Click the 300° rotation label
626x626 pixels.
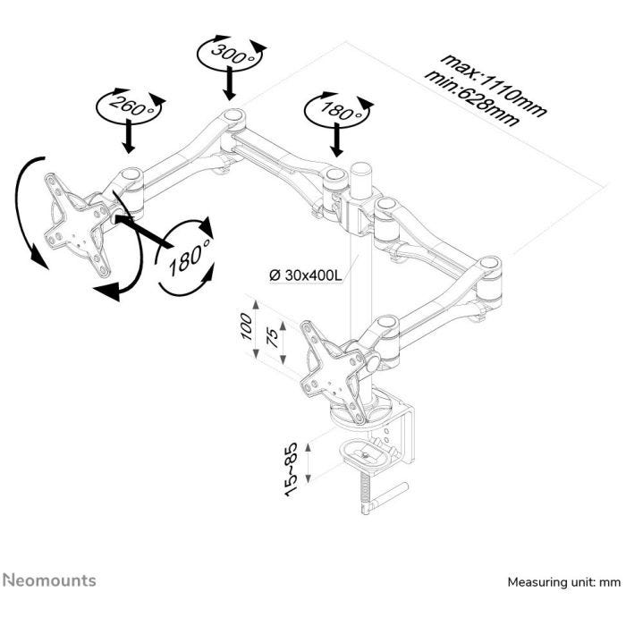(x=231, y=53)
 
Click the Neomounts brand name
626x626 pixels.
(x=48, y=581)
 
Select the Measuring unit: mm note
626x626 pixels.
(x=563, y=582)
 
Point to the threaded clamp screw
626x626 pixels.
(x=366, y=491)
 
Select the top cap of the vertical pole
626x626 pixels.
(x=361, y=168)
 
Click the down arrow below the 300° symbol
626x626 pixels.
(x=231, y=86)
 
